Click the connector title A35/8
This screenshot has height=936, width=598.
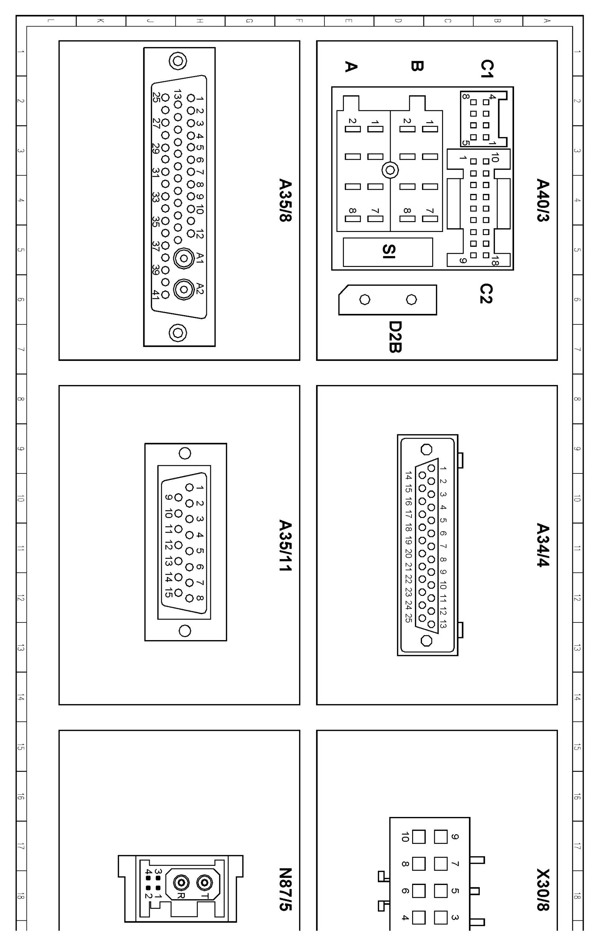tap(285, 200)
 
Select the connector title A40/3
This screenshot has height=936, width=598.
tap(543, 200)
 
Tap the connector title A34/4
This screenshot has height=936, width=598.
tap(543, 545)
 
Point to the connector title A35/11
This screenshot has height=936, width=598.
tap(285, 545)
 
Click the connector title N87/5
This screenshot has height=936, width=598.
tap(285, 890)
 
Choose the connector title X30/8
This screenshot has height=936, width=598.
tap(543, 890)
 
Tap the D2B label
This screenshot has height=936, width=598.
tap(395, 337)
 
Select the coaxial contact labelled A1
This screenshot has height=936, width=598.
tap(184, 258)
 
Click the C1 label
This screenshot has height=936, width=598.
tap(486, 68)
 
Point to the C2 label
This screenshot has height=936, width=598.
tap(486, 294)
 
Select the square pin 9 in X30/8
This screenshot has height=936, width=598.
tap(441, 836)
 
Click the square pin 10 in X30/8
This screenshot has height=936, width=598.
tap(419, 836)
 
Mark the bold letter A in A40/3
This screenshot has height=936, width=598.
tap(351, 66)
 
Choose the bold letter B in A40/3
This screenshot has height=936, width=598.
tap(417, 66)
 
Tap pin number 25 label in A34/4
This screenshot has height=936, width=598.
tap(408, 618)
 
